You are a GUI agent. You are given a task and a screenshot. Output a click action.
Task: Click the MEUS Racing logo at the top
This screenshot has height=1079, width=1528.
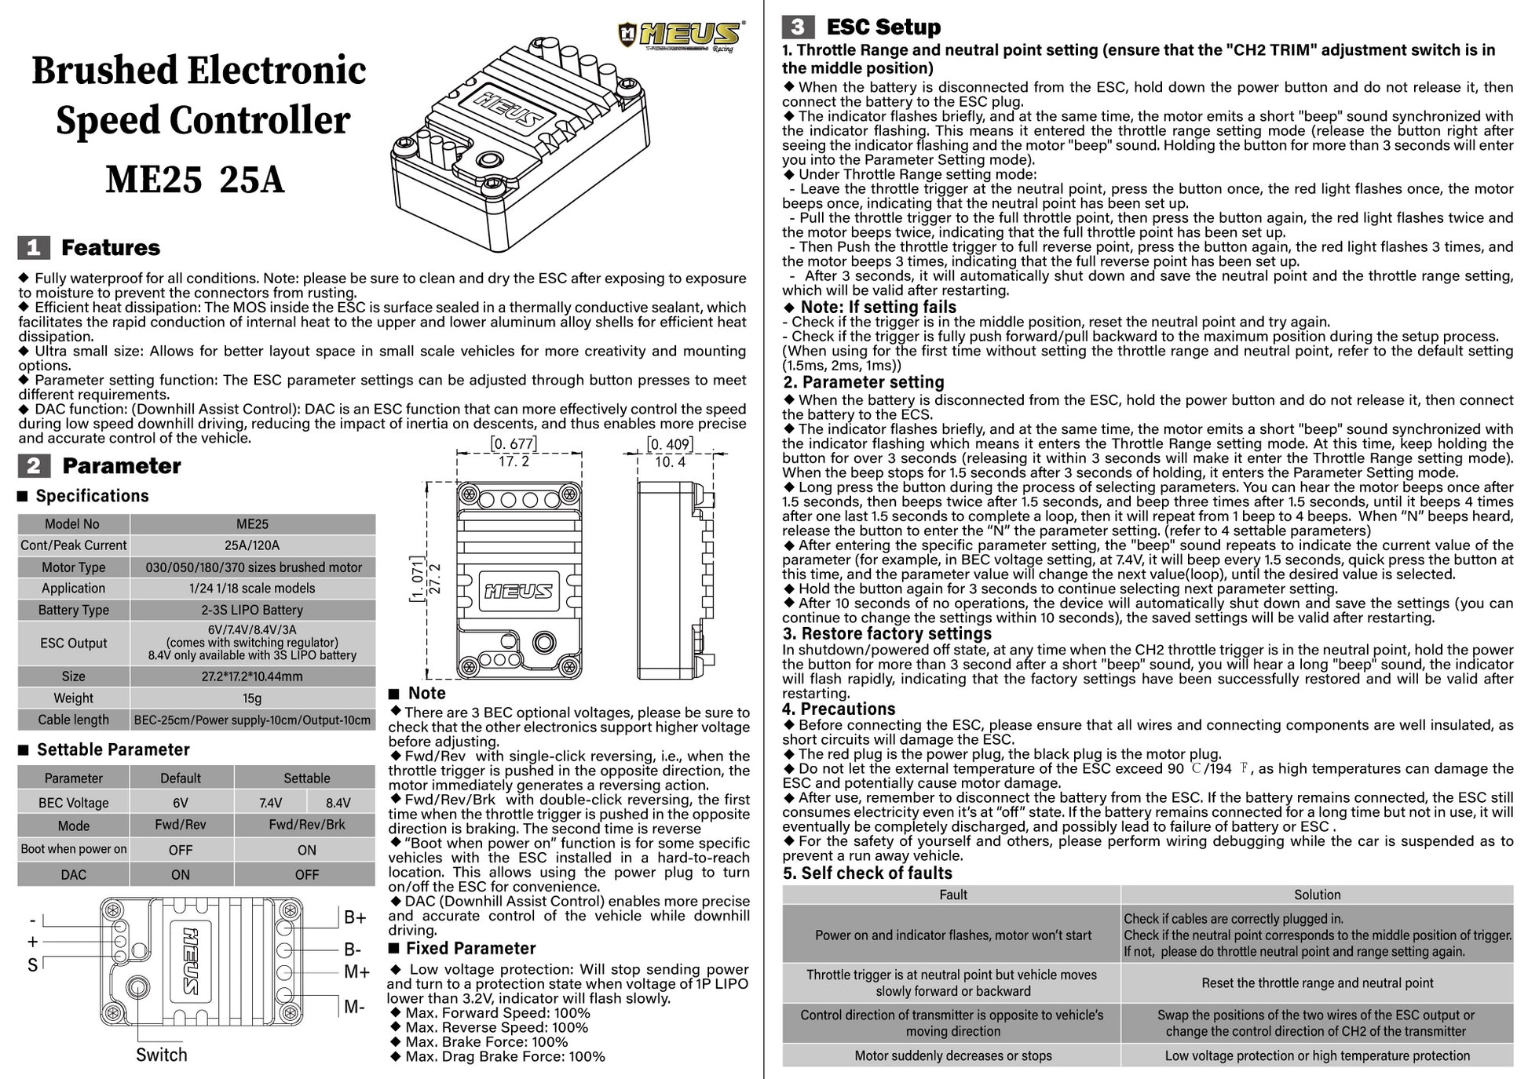pos(682,35)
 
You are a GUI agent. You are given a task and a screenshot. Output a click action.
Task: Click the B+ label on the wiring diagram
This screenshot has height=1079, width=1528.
pos(355,917)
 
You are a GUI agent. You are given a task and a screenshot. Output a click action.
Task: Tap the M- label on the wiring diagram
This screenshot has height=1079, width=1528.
pos(355,1006)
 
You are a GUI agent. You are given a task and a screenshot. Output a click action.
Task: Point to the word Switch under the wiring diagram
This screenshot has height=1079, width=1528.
pos(162,1055)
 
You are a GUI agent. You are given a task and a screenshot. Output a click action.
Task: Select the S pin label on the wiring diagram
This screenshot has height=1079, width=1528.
pos(32,965)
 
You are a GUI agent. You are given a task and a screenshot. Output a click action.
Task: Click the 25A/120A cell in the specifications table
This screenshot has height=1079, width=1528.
pos(252,545)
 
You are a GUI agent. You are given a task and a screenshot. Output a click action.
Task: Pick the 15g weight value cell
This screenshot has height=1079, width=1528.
pos(252,698)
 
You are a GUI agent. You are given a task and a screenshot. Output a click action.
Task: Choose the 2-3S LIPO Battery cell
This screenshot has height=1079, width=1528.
pos(252,610)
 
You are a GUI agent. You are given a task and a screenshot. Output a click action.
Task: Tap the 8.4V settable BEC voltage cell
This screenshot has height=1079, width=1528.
pos(338,802)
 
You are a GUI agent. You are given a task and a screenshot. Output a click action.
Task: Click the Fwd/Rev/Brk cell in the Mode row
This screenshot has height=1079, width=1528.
pos(306,825)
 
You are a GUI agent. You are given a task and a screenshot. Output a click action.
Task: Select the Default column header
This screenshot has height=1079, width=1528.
pos(181,778)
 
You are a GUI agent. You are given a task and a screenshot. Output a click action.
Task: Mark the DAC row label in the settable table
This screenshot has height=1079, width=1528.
pos(74,874)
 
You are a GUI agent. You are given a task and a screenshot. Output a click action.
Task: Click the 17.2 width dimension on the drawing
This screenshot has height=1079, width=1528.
pos(514,461)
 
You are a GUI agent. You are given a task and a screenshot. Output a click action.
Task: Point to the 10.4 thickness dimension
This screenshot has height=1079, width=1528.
pos(670,461)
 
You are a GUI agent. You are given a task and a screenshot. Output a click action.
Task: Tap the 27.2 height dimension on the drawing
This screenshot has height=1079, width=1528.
pos(435,578)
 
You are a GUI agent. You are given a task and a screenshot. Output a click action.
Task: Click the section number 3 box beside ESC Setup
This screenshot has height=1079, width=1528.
pos(797,27)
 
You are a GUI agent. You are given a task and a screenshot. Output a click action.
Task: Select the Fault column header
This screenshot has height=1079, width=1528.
pos(952,895)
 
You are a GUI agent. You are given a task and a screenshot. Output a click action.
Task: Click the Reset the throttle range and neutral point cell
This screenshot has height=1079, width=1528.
pos(1317,983)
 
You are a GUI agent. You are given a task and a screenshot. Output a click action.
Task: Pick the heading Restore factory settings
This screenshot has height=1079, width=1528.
pos(887,633)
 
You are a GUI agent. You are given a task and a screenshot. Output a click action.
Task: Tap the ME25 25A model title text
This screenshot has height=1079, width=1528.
pos(195,180)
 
